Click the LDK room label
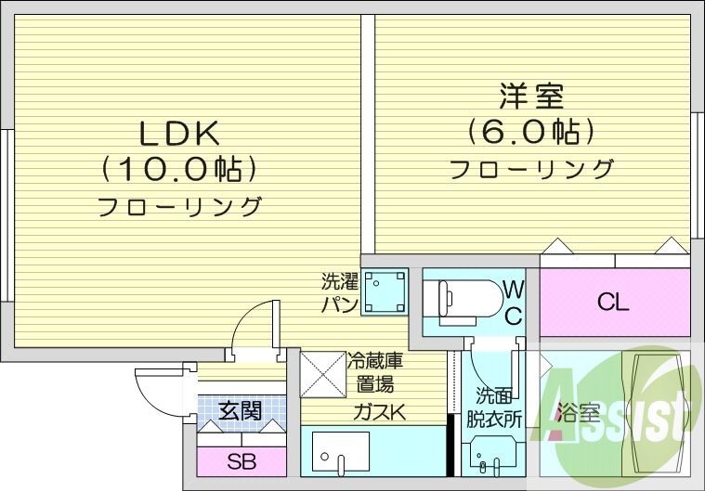(179, 135)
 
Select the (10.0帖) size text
(179, 169)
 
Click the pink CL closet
(614, 302)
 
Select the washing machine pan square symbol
(385, 291)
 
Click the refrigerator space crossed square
(322, 375)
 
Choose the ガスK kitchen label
(378, 413)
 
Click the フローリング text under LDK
(179, 206)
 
